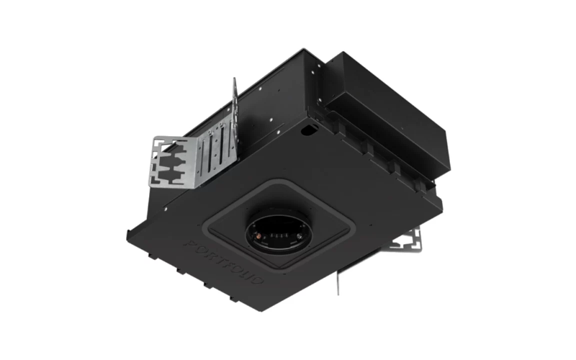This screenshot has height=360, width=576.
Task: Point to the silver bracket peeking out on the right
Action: [407, 241]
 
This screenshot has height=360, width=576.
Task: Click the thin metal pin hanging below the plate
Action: [338, 284]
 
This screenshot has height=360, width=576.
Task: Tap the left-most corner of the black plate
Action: [128, 232]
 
